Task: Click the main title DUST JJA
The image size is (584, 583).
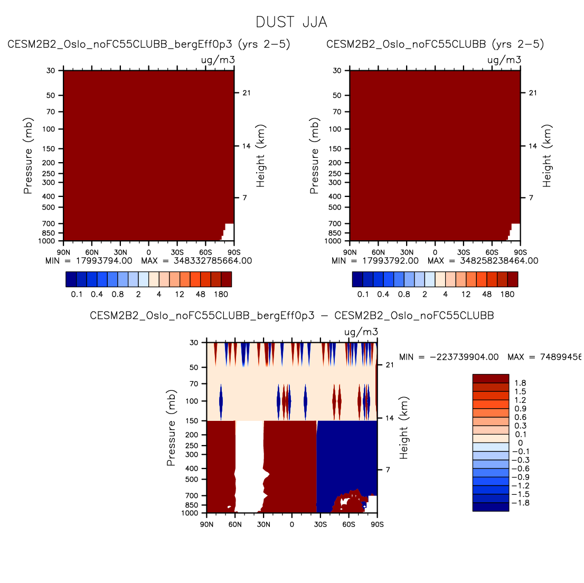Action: click(291, 22)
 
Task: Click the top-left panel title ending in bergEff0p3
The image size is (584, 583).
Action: click(149, 44)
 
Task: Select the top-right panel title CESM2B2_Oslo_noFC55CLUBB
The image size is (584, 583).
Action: click(435, 44)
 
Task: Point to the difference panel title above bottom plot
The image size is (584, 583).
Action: click(292, 316)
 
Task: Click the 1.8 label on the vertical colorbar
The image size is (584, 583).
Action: click(520, 383)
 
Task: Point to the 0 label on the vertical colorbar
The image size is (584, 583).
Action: click(520, 443)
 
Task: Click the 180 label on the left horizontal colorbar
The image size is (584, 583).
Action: click(221, 294)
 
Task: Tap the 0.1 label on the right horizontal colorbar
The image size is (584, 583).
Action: click(363, 294)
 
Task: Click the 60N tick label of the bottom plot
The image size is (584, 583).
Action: click(235, 524)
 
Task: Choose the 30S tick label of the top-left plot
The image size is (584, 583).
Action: click(177, 252)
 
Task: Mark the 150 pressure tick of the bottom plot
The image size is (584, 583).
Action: click(193, 421)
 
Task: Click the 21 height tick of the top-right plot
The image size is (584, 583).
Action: click(533, 93)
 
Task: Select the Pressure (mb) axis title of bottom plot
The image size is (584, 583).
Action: click(171, 428)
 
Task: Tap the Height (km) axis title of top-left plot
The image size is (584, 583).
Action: click(260, 156)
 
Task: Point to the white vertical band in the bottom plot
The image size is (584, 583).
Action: click(249, 465)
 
